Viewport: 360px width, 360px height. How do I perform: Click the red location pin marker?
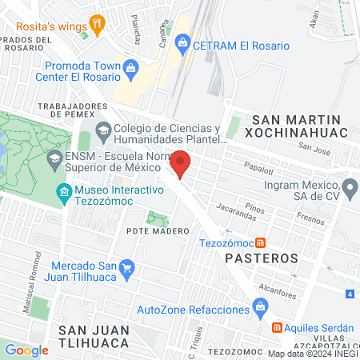181,162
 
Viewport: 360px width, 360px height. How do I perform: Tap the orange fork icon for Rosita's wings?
98,23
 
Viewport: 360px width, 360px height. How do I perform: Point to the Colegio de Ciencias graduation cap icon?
102,130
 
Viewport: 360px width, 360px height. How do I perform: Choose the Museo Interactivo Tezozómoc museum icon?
64,192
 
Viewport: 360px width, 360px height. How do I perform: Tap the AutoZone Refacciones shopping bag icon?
260,306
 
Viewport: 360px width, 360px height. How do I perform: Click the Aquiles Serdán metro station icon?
277,328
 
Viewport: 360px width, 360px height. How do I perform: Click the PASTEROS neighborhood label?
261,259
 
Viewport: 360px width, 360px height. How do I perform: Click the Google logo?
26,350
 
